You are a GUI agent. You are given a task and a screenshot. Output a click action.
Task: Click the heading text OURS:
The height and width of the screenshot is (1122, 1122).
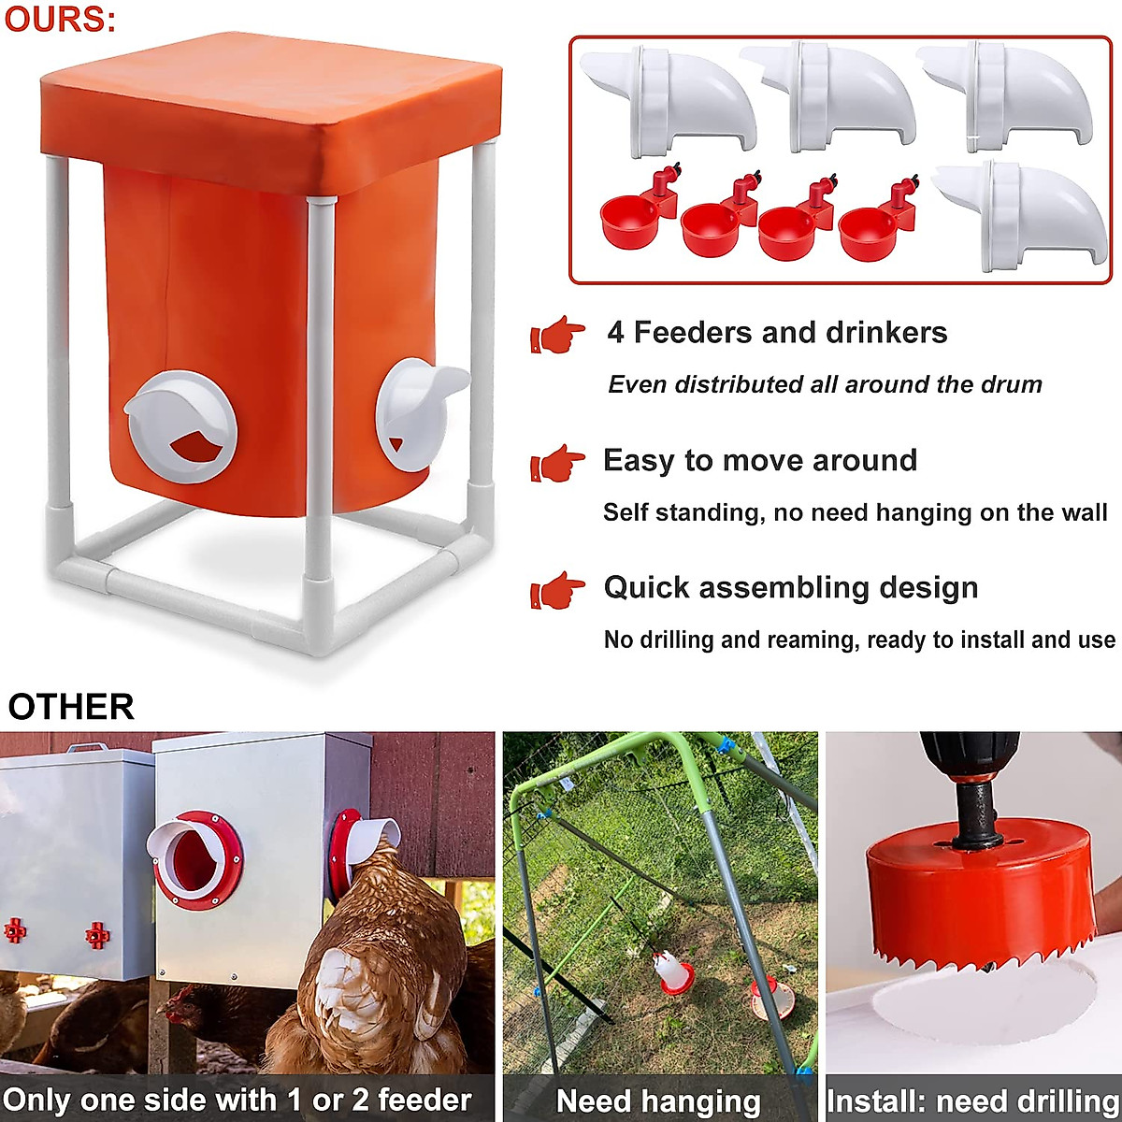[x=60, y=21]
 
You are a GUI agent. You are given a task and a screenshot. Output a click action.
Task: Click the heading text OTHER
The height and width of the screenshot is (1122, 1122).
[x=71, y=707]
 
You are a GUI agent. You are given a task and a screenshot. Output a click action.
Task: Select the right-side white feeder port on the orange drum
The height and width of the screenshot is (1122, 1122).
[x=415, y=415]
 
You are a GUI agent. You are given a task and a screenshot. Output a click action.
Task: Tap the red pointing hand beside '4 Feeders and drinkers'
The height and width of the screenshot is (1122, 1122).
[x=557, y=335]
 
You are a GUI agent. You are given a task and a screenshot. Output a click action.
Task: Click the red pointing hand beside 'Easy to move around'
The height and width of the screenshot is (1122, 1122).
[x=557, y=463]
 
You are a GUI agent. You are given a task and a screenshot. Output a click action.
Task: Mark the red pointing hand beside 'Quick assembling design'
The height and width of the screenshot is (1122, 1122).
[x=557, y=590]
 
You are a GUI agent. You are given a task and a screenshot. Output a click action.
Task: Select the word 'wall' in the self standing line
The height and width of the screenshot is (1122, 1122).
[x=1085, y=512]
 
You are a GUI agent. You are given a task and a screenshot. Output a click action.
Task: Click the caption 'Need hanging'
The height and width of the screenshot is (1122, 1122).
[x=658, y=1101]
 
